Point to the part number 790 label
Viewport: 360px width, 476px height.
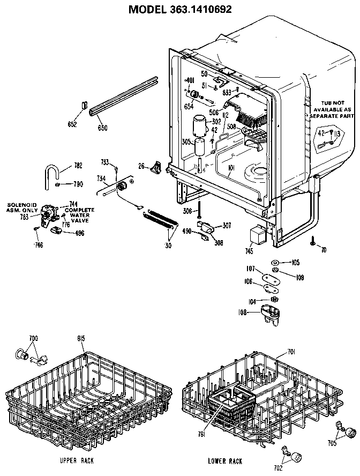(x=78, y=184)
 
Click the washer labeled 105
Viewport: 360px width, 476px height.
(x=274, y=262)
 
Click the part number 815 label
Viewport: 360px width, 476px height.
(x=81, y=338)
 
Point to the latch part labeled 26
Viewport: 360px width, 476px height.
(x=156, y=167)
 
